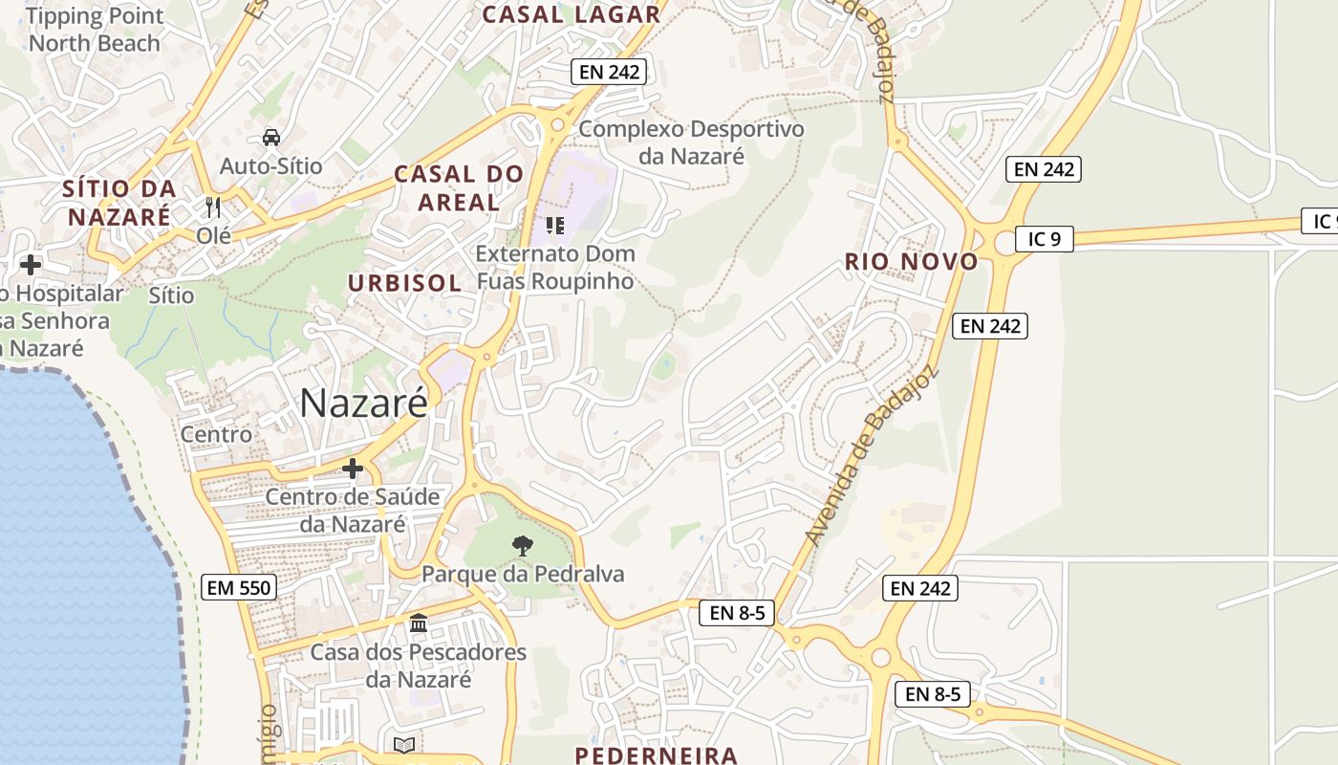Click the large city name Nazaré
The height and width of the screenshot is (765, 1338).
coord(363,403)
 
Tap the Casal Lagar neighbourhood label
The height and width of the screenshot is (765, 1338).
coord(571,14)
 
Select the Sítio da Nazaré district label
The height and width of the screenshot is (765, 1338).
coord(119,202)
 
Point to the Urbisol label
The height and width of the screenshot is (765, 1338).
coord(404,283)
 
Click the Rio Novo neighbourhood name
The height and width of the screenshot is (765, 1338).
coord(911,262)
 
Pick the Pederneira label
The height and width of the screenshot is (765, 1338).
coord(656,754)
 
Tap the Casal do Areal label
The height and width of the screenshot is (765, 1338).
coord(459,187)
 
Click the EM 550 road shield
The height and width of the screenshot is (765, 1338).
coord(240,587)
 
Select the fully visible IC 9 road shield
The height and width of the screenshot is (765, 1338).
coord(1045,238)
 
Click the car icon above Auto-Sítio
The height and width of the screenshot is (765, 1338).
coord(271,137)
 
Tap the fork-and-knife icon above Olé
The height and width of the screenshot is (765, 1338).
coord(213,207)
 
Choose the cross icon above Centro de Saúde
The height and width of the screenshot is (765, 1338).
coord(353,469)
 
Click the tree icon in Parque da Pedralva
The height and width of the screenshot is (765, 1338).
coord(522,546)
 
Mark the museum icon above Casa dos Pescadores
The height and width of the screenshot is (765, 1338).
coord(418,623)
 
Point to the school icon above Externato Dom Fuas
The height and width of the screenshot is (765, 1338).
coord(554,226)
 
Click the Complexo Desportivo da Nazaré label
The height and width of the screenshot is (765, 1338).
coord(691,142)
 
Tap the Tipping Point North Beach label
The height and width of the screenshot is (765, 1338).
coord(95,30)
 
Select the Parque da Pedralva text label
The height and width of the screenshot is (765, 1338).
coord(523,574)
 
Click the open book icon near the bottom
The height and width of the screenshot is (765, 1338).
coord(404,744)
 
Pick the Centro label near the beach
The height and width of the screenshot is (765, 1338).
coord(217,434)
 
